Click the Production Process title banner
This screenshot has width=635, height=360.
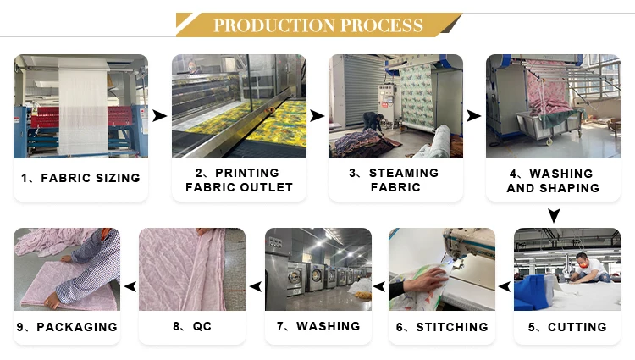click(x=317, y=25)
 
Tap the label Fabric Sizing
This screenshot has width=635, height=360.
click(x=80, y=179)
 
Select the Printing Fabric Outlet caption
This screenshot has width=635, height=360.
click(x=239, y=180)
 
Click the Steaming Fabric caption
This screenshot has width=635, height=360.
click(x=395, y=180)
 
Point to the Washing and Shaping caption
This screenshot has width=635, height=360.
click(x=553, y=180)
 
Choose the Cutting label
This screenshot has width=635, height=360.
click(x=566, y=326)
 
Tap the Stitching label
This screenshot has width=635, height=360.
click(x=442, y=326)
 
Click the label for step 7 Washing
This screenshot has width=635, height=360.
click(x=318, y=326)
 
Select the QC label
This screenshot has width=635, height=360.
click(x=191, y=326)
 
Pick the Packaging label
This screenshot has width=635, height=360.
click(x=67, y=326)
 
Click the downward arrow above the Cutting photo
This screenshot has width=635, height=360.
click(x=554, y=216)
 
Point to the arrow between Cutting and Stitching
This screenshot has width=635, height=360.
click(x=505, y=287)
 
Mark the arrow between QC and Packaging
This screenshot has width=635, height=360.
click(x=130, y=287)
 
